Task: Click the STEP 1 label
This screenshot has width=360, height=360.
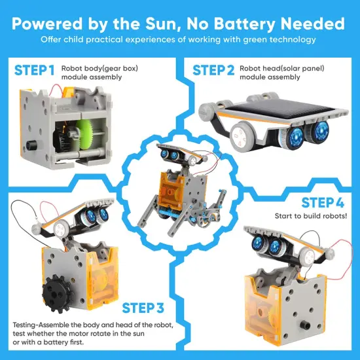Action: pyautogui.click(x=33, y=70)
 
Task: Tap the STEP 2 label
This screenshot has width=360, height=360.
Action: pyautogui.click(x=213, y=70)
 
